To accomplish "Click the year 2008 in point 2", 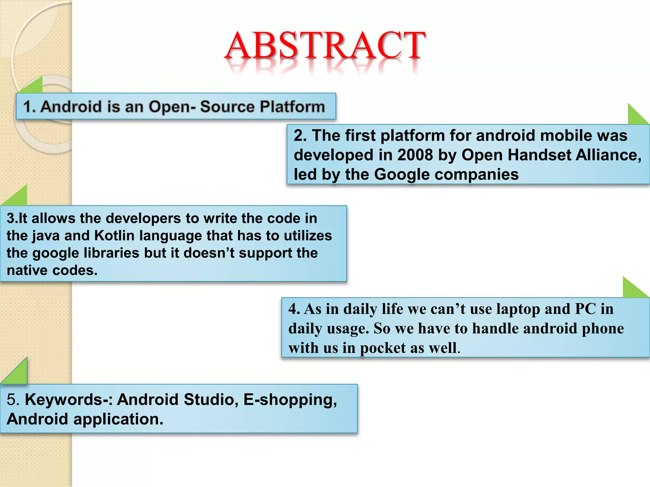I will (x=415, y=155).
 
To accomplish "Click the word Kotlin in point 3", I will (x=115, y=236).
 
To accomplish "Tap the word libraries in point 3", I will (x=111, y=253).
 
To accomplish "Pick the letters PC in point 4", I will (x=585, y=309).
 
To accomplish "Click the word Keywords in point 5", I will (x=64, y=399).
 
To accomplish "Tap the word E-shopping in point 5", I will (x=290, y=399).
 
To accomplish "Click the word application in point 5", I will (x=118, y=419).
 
